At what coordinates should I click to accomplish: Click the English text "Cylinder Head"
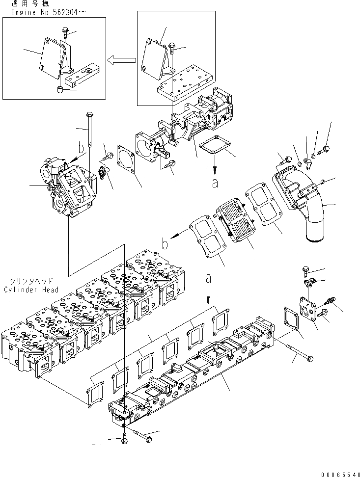pos(31,290)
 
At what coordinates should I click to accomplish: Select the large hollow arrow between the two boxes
pos(121,60)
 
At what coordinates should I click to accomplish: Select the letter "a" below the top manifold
pos(215,183)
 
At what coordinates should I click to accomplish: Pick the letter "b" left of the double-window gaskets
pos(167,242)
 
